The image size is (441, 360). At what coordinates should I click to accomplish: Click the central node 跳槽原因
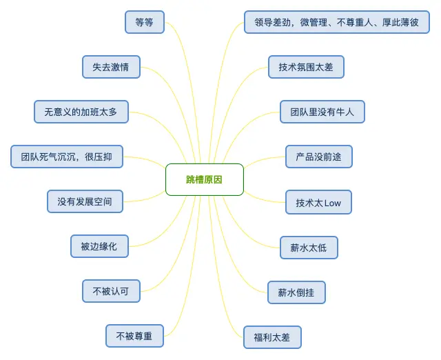pos(205,180)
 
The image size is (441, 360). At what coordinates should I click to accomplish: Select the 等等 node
pos(145,22)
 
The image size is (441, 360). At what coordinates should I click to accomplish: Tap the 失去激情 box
pos(111,67)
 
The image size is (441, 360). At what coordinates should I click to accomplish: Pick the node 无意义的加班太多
pos(81,112)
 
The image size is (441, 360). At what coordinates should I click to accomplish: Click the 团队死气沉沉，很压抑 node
pos(67,157)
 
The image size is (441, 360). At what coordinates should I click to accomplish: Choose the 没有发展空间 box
pos(85,201)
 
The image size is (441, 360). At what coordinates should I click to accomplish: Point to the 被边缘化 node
pos(99,246)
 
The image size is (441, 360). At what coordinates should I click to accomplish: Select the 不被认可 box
pos(111,291)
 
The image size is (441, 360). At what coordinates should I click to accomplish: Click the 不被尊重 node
pos(134,336)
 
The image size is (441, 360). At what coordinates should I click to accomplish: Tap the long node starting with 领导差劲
pos(337,22)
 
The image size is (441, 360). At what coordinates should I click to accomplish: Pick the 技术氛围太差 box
pos(306,67)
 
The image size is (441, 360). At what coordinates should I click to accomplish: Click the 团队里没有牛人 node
pos(322,112)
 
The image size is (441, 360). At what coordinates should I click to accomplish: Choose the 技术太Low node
pos(318,203)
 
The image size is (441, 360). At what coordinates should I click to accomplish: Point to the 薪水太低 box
pos(309,248)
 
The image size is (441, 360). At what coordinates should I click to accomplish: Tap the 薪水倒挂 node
pos(296,292)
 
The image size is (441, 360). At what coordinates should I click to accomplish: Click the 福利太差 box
pos(272,337)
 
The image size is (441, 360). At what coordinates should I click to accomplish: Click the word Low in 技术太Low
pos(332,203)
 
